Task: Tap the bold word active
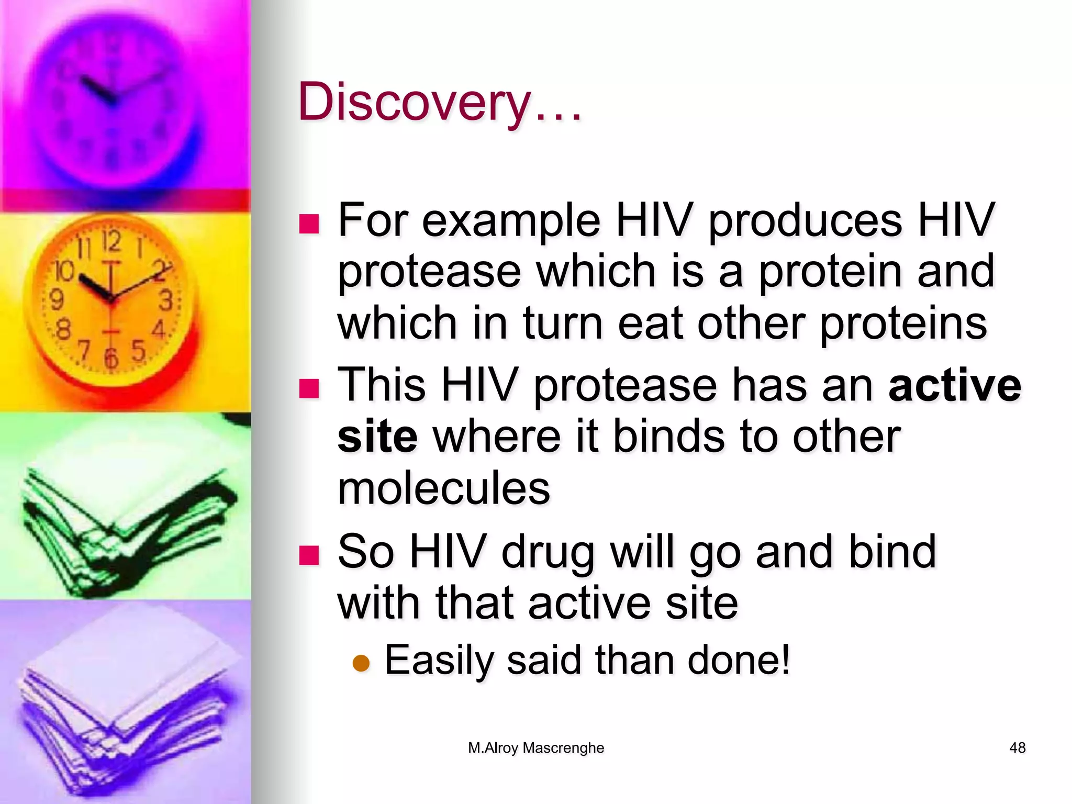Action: click(955, 385)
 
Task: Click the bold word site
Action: click(377, 437)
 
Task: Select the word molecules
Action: click(444, 488)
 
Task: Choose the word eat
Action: click(650, 323)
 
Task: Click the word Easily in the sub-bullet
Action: click(439, 661)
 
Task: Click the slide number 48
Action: click(1017, 748)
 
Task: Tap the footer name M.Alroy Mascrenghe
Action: click(536, 748)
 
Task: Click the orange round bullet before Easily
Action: click(361, 663)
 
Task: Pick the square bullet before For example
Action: click(309, 224)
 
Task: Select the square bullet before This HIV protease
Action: click(309, 388)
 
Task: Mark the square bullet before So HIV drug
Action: click(309, 555)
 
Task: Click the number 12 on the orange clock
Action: click(111, 241)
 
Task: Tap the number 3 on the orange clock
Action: click(166, 301)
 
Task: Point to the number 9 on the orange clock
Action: click(56, 300)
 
